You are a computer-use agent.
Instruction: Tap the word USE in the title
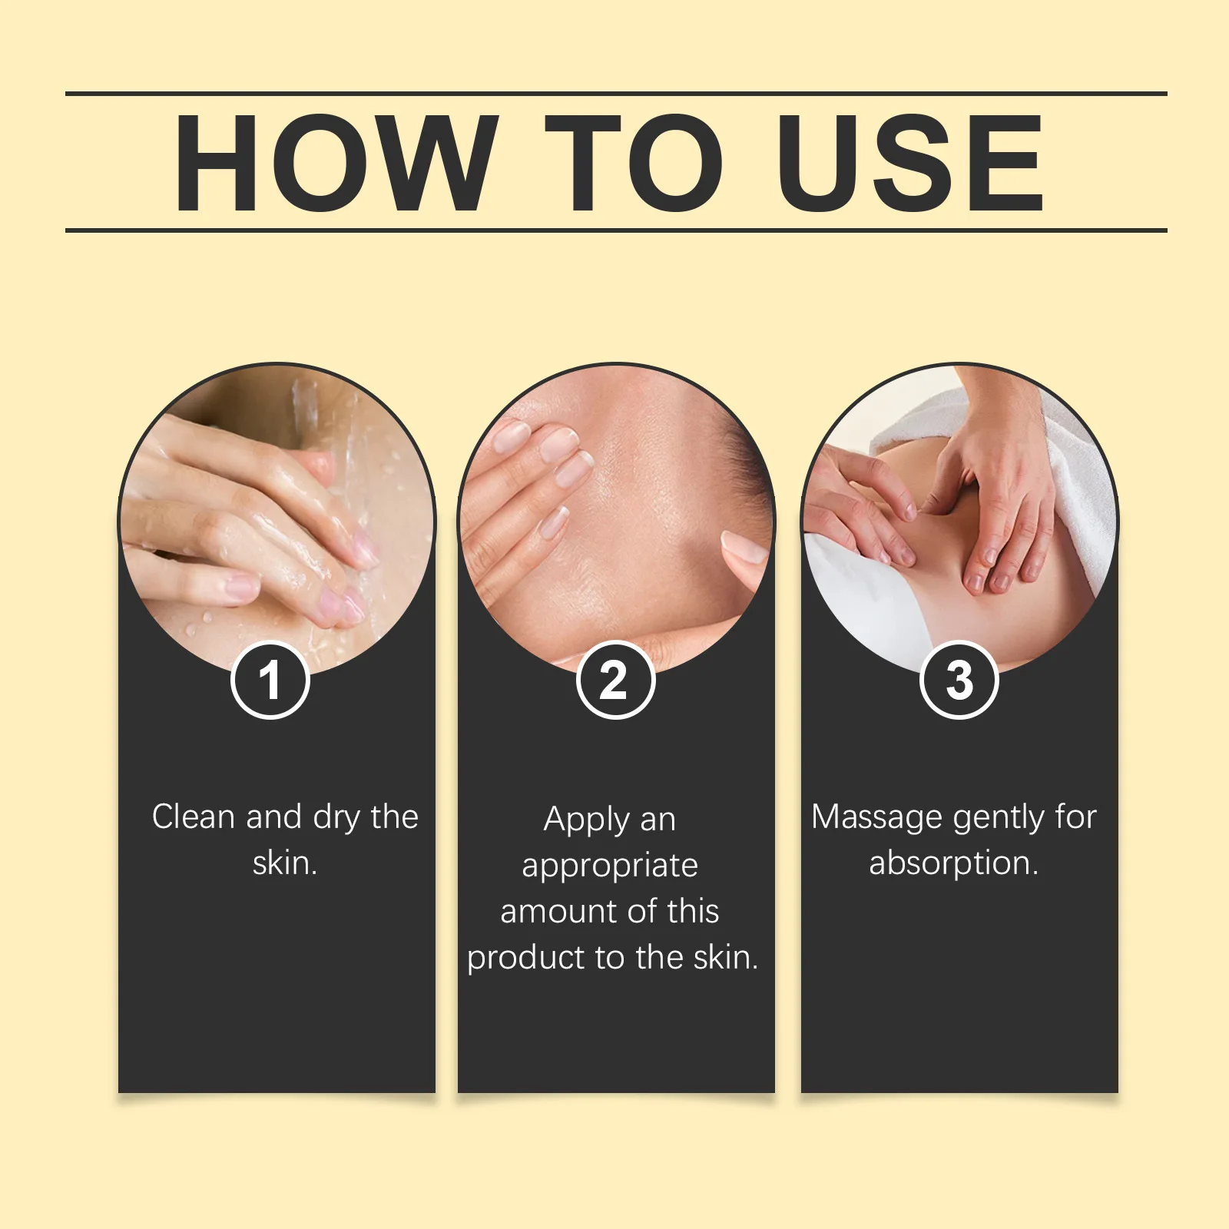909,162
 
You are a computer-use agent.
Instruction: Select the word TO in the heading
634,162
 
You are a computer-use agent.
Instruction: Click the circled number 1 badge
270,680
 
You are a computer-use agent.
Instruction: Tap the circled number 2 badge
614,680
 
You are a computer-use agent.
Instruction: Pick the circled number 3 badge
959,680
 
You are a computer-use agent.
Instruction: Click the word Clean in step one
193,817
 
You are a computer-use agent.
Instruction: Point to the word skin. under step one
285,863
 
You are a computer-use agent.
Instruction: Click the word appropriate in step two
610,866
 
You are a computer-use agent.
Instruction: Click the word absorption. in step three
953,863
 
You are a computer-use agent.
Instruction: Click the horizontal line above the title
614,94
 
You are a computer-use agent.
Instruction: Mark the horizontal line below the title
614,230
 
